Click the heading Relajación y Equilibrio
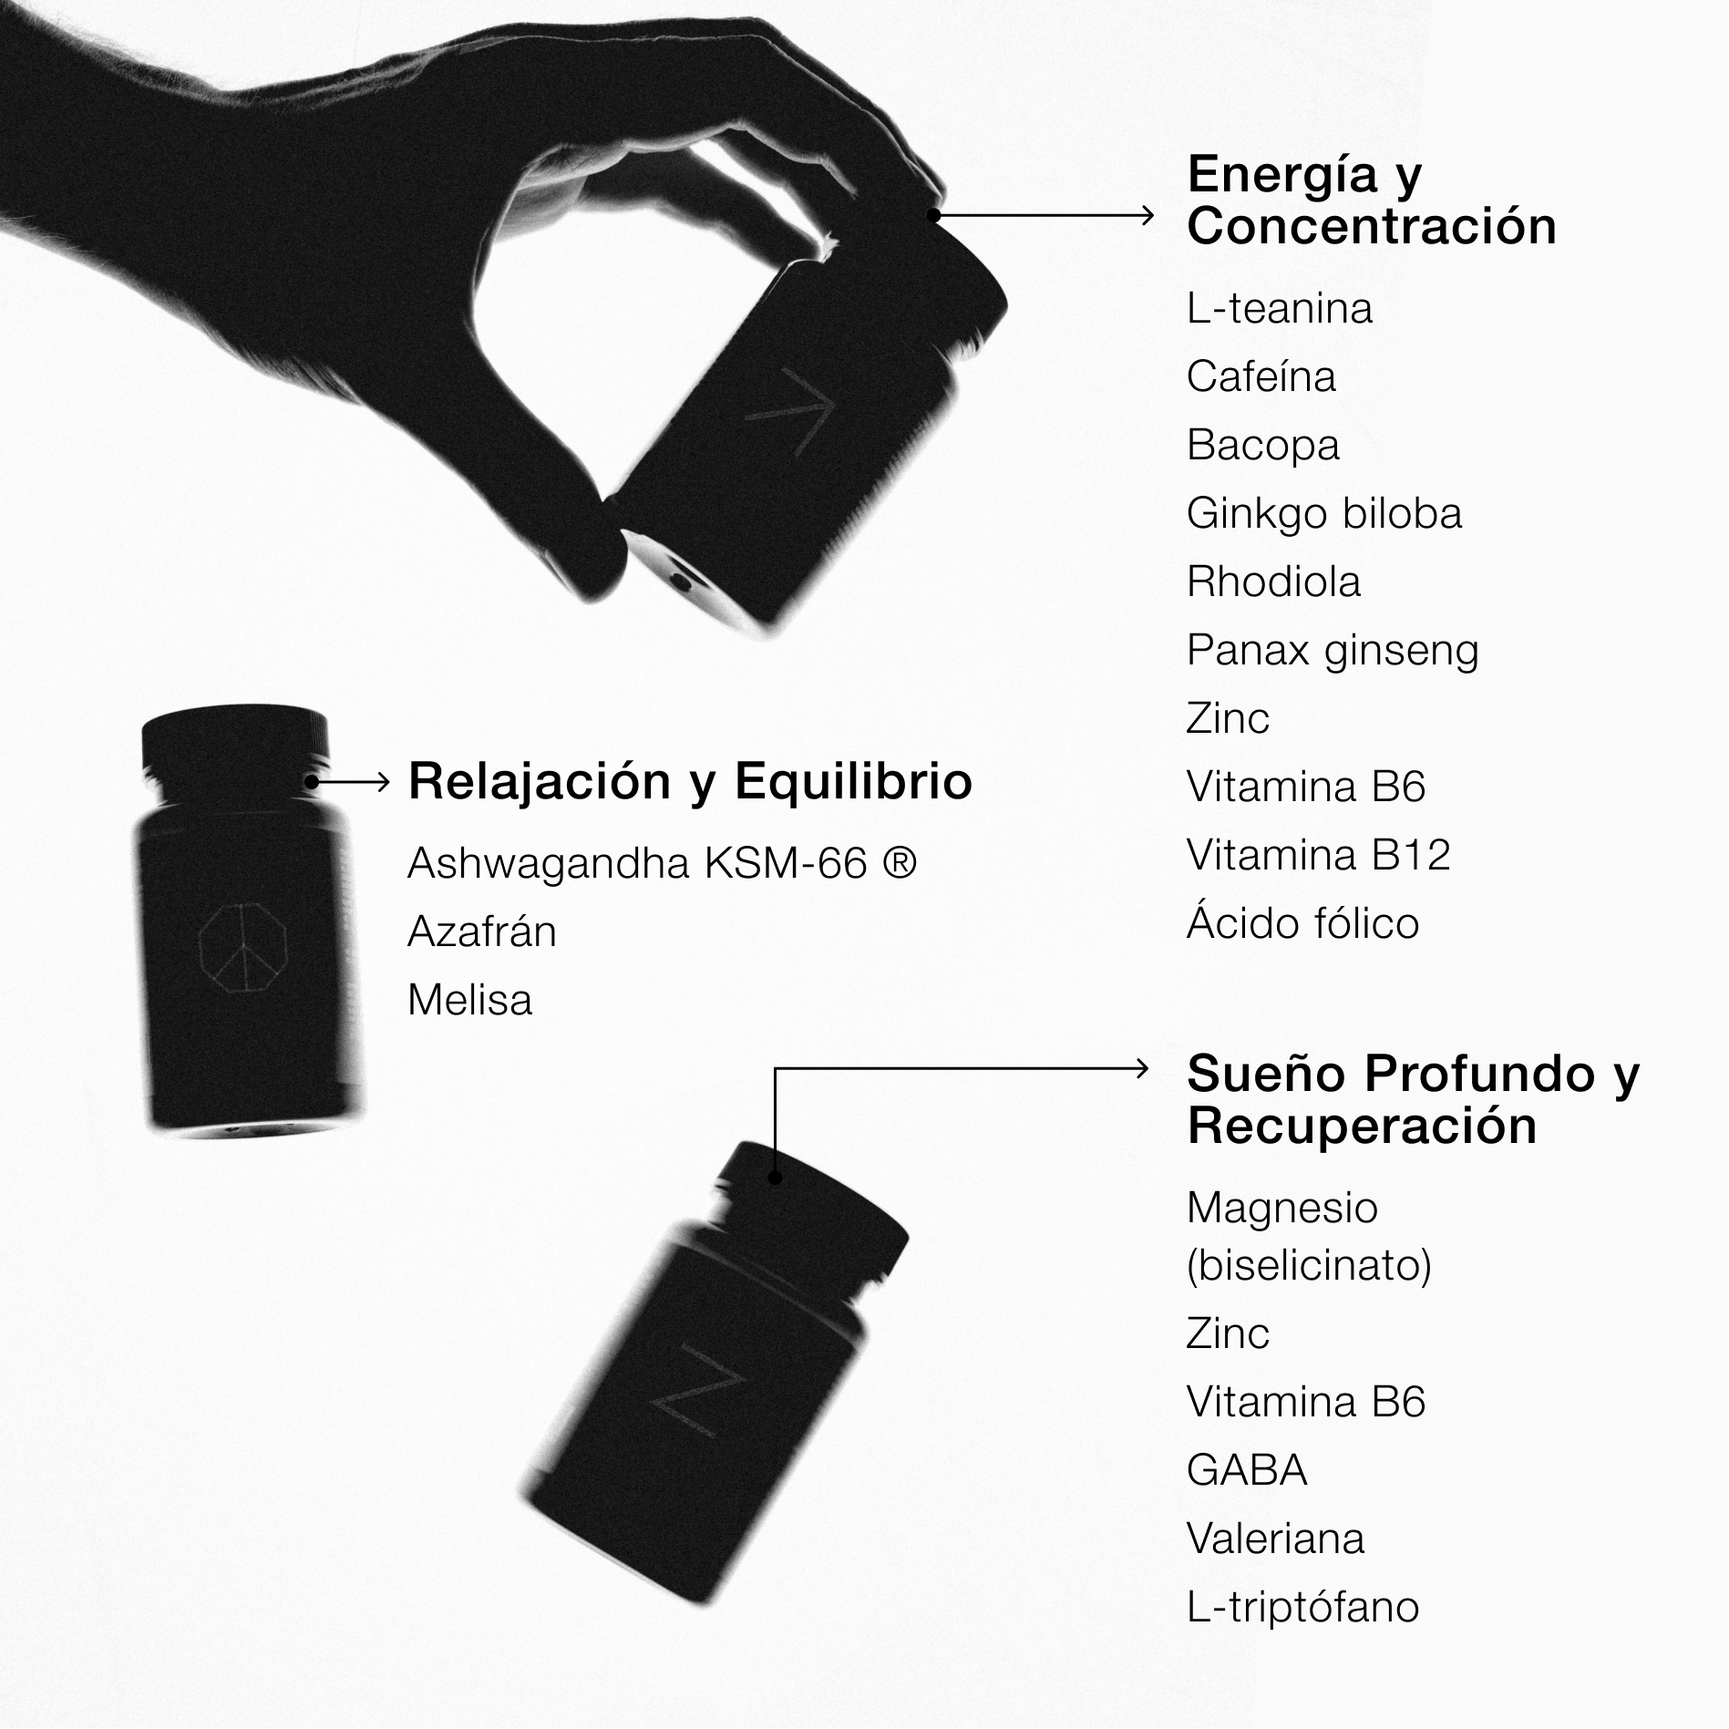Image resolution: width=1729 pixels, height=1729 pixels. tap(690, 782)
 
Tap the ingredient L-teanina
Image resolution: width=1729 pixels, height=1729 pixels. tap(1280, 309)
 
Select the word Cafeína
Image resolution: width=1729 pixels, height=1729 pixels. tap(1261, 376)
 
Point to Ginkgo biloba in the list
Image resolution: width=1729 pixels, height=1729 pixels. tap(1324, 514)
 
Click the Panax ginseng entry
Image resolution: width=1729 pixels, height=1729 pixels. tap(1333, 651)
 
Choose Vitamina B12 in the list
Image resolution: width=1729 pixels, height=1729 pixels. tap(1319, 855)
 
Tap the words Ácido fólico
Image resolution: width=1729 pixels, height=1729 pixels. tap(1303, 922)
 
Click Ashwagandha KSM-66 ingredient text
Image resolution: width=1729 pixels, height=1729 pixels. tap(663, 863)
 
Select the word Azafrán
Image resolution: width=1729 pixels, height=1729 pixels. tap(482, 931)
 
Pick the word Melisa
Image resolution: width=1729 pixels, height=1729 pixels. tap(470, 1000)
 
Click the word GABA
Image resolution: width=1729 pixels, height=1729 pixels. tap(1247, 1470)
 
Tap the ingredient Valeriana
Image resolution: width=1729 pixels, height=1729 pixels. tap(1276, 1539)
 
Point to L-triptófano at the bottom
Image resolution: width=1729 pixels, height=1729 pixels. tap(1303, 1607)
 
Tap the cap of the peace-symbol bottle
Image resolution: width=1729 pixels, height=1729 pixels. tap(235, 741)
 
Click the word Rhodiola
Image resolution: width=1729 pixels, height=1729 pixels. tap(1274, 582)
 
